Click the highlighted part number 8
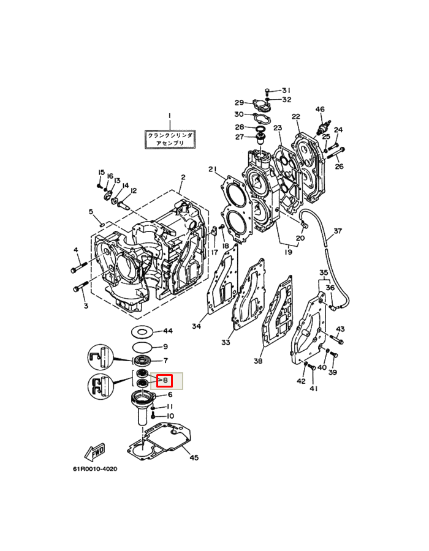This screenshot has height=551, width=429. (165, 380)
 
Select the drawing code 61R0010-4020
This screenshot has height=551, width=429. (94, 470)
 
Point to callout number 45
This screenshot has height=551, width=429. (194, 457)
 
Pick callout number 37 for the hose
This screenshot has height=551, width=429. (337, 232)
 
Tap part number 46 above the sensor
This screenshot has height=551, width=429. (319, 110)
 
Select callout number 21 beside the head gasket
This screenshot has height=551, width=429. (213, 170)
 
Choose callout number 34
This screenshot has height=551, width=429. (196, 326)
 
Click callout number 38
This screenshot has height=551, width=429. (258, 361)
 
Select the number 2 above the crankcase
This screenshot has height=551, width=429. (182, 178)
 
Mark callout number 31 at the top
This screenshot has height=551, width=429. (286, 90)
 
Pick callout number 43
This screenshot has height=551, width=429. (340, 329)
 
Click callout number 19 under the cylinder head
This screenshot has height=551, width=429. (286, 251)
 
